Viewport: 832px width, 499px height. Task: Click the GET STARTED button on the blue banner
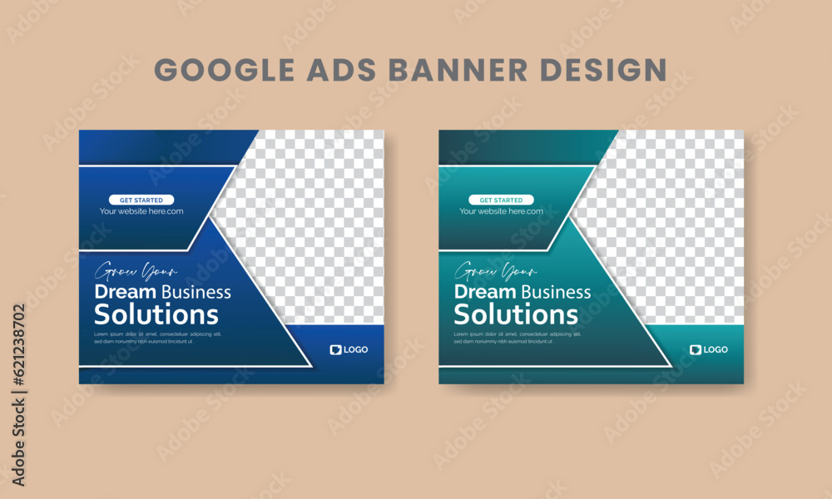141,200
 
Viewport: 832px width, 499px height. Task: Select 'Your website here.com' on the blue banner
141,211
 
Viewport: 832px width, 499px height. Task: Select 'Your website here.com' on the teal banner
502,211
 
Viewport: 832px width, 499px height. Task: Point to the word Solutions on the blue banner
156,314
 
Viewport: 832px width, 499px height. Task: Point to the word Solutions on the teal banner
516,314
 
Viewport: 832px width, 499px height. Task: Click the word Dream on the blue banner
126,291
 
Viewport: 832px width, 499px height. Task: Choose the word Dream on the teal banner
485,291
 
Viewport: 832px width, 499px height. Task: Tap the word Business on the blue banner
196,291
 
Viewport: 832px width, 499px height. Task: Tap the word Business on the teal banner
556,291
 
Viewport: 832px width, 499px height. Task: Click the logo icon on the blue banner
336,350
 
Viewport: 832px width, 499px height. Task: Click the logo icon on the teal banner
696,350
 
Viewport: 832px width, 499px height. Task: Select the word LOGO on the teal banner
716,350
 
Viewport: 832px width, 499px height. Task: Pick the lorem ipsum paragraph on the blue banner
146,338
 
